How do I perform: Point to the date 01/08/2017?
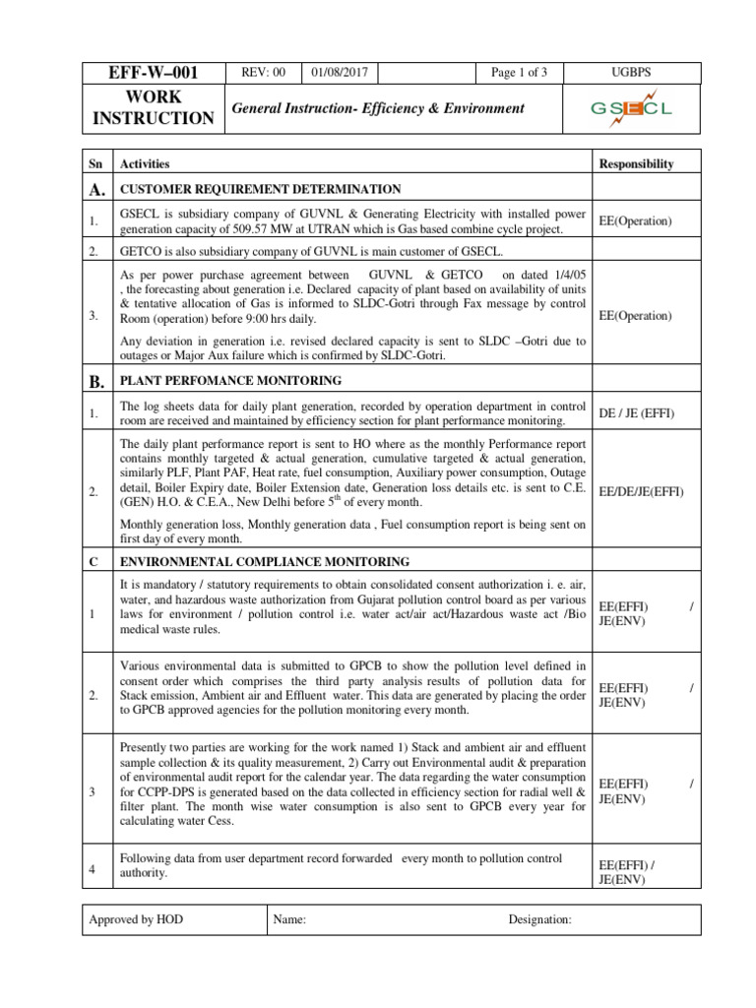click(341, 73)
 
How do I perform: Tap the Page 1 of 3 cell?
click(519, 73)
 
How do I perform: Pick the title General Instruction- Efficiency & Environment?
click(377, 108)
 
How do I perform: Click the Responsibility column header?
click(637, 163)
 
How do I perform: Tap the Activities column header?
click(145, 163)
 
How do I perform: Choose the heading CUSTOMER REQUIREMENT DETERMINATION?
click(260, 189)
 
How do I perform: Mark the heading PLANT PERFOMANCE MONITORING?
click(230, 380)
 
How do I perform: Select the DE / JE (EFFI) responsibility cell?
click(637, 413)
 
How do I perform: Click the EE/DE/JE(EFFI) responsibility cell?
click(641, 490)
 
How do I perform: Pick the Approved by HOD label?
click(136, 919)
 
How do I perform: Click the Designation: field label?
click(539, 919)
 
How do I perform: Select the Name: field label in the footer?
click(289, 919)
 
